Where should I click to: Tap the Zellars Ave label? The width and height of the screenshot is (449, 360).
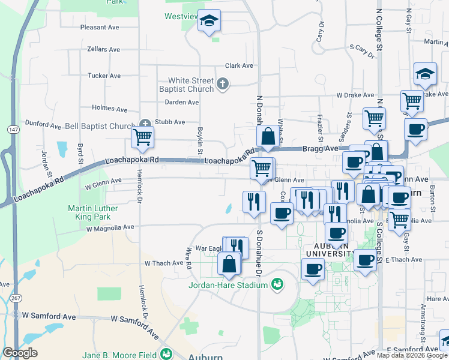pos(103,49)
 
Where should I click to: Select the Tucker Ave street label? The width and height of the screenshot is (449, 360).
pos(104,76)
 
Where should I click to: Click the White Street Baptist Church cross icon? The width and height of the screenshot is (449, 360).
pos(223,84)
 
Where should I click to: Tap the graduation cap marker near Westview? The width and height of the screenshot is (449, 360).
pos(209,22)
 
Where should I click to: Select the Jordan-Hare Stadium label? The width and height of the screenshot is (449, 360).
pos(228,285)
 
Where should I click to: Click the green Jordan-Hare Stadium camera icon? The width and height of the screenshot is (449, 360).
pos(277,283)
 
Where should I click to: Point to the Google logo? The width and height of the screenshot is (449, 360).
pos(20,353)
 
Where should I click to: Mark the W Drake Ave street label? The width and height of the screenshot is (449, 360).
pos(355,95)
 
